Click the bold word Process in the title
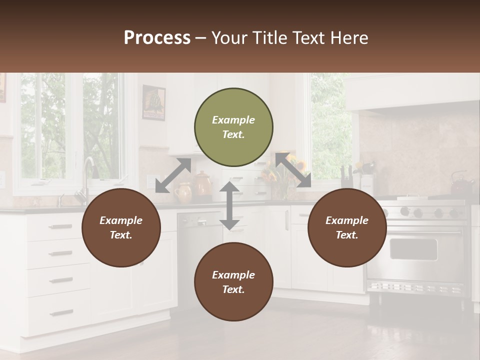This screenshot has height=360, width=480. click(x=157, y=38)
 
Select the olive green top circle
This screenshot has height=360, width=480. click(x=233, y=127)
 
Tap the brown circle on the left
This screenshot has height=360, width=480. click(x=121, y=227)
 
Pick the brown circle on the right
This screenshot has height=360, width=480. click(x=347, y=227)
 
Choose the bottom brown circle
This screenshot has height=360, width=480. click(x=233, y=282)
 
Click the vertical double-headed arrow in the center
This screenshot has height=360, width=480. click(x=229, y=205)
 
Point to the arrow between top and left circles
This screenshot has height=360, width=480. click(x=173, y=175)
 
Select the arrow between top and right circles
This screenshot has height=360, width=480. click(x=293, y=170)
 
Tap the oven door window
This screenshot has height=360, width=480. click(x=413, y=248)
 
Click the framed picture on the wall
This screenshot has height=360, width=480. click(x=153, y=102)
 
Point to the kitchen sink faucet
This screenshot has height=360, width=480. click(x=88, y=172)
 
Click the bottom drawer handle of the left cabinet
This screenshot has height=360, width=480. click(x=61, y=313)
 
